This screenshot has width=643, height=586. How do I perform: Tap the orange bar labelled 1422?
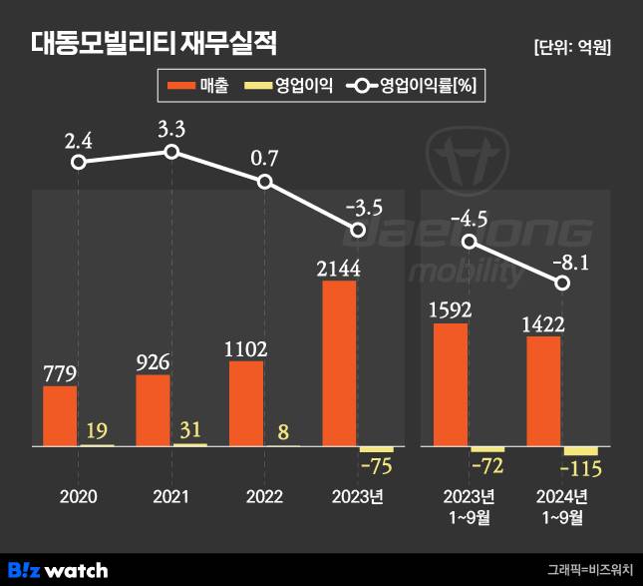pyautogui.click(x=542, y=391)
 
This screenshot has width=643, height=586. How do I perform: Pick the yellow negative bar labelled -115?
pyautogui.click(x=580, y=451)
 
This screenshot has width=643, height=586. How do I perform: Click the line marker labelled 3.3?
pyautogui.click(x=171, y=152)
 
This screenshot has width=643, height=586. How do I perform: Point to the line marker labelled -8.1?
pyautogui.click(x=563, y=284)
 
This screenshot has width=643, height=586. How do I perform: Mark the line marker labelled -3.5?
pyautogui.click(x=359, y=231)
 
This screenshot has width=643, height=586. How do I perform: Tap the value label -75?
pyautogui.click(x=377, y=468)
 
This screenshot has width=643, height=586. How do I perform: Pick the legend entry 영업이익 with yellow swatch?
pyautogui.click(x=290, y=86)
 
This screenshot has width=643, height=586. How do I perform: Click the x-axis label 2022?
pyautogui.click(x=264, y=497)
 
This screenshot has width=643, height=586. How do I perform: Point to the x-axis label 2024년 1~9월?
pyautogui.click(x=562, y=506)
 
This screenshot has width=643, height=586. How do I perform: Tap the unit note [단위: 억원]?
pyautogui.click(x=572, y=46)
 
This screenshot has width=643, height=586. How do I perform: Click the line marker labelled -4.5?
pyautogui.click(x=470, y=242)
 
